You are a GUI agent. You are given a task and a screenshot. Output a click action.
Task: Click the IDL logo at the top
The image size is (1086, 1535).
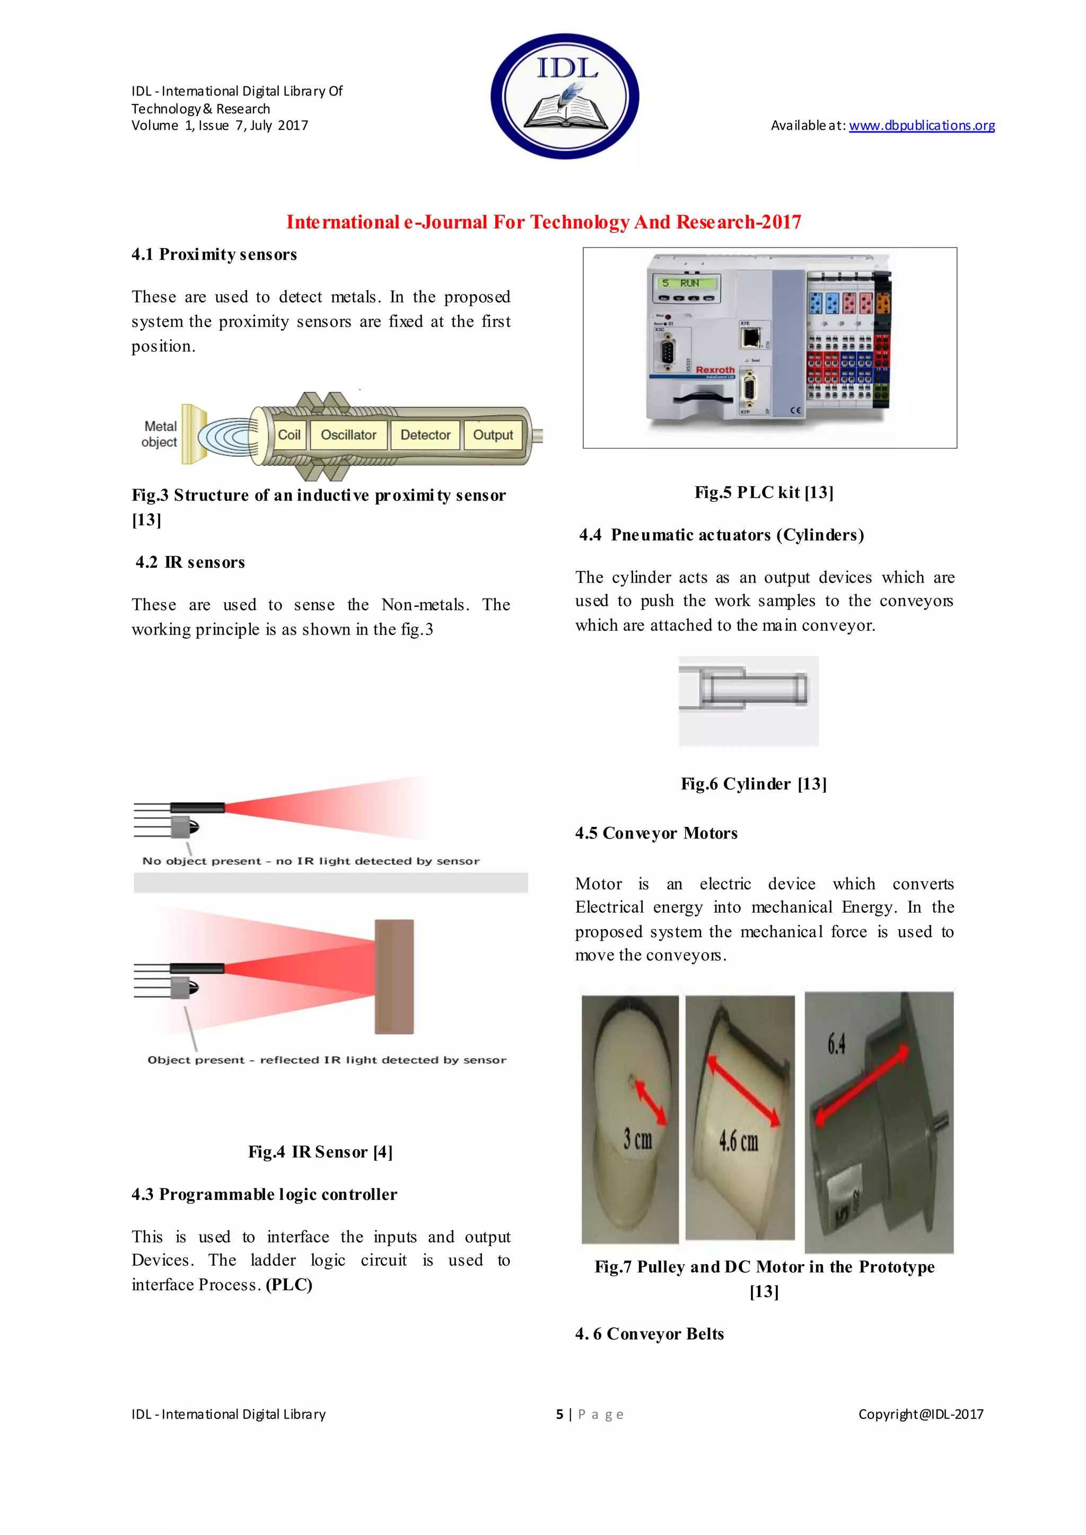(x=565, y=96)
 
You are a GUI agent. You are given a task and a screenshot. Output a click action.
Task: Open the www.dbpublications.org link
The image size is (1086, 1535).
(x=922, y=126)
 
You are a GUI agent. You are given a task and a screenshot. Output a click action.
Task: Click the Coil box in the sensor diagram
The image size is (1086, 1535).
(x=289, y=435)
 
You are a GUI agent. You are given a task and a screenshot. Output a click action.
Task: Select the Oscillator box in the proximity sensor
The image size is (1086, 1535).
(x=348, y=435)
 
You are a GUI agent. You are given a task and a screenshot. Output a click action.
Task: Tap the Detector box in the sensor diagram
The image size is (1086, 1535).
(x=425, y=435)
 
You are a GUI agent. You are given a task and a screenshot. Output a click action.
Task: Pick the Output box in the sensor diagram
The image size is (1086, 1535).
(x=493, y=435)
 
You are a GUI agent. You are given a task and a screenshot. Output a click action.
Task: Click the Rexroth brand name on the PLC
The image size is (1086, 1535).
(x=715, y=370)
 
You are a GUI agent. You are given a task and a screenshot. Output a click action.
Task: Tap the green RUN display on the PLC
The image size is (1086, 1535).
(x=687, y=284)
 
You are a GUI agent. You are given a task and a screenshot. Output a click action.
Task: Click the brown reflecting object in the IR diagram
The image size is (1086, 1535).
(x=394, y=977)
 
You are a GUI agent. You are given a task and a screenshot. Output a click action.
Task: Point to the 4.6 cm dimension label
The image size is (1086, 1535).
(x=738, y=1141)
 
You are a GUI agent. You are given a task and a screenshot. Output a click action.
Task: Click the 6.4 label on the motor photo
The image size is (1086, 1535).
(x=836, y=1043)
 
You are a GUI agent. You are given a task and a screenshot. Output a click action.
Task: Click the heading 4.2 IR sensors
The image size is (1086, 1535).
(x=190, y=562)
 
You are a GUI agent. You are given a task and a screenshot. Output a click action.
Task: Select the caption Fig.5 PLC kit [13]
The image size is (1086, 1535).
(x=764, y=493)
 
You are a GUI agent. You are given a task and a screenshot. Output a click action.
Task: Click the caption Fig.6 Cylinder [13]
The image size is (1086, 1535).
(x=754, y=784)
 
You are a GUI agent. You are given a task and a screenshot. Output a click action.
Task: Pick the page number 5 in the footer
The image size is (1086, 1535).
(x=560, y=1414)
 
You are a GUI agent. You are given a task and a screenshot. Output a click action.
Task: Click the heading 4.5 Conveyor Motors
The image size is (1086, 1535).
(x=656, y=834)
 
